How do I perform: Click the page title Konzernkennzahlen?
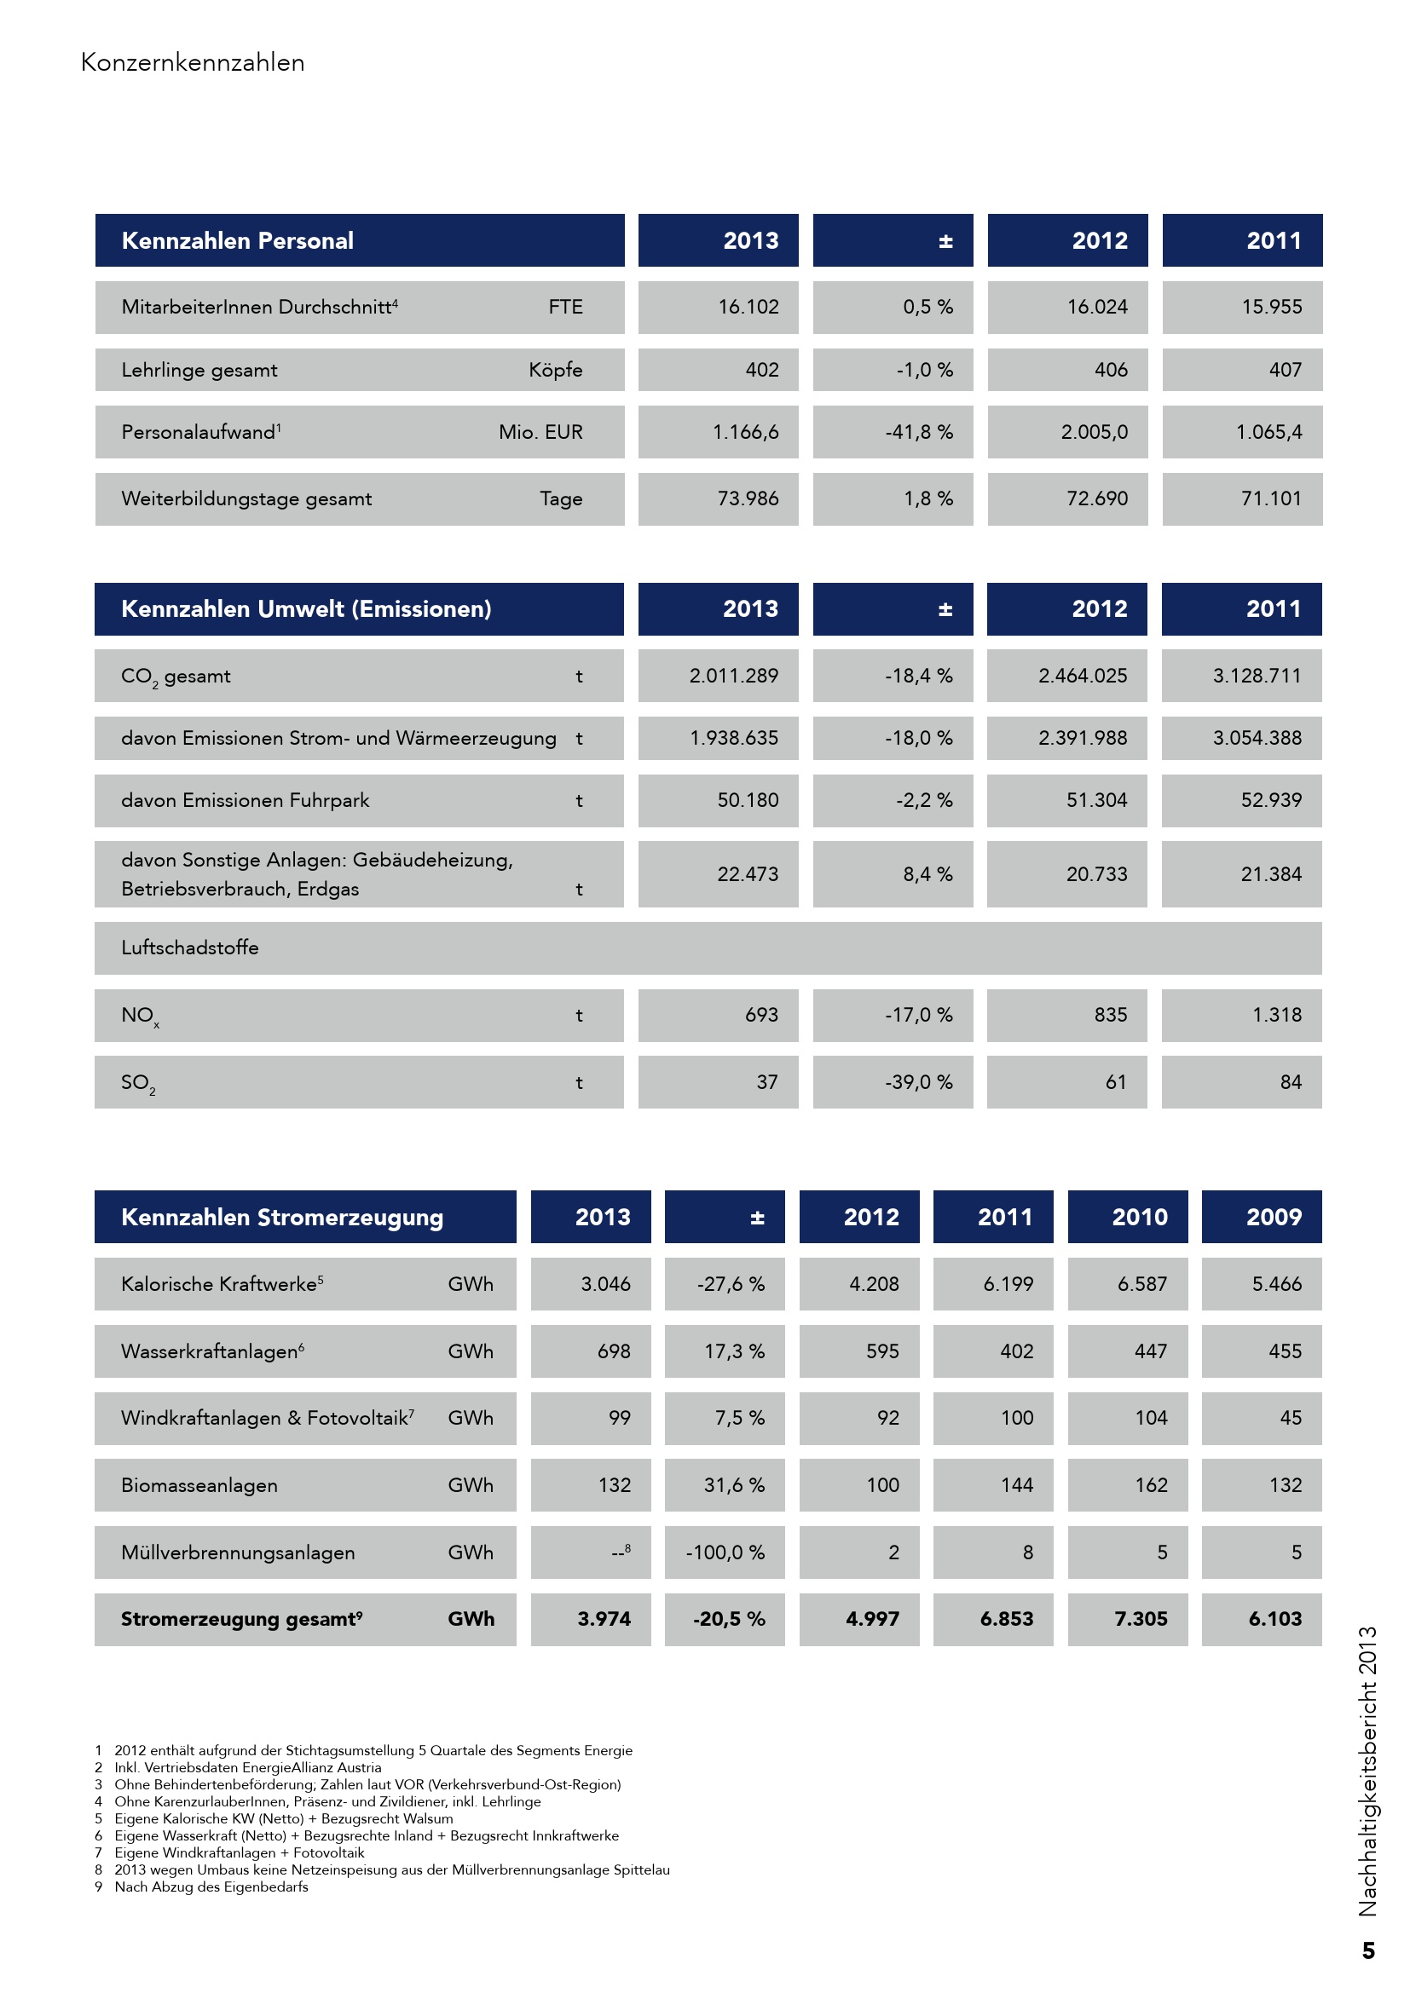click(x=192, y=62)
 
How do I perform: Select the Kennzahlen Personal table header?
click(x=237, y=240)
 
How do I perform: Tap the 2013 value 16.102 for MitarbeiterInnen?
click(x=748, y=308)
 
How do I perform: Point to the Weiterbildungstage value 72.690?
click(x=1096, y=499)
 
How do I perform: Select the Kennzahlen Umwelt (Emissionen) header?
click(x=306, y=609)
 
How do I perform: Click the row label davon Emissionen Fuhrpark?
click(x=245, y=800)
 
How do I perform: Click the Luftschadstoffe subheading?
click(x=189, y=948)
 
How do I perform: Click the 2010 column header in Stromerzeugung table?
click(x=1139, y=1218)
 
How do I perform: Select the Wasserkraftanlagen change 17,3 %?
click(x=734, y=1351)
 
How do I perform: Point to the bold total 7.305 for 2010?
click(x=1140, y=1620)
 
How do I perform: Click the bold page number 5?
click(x=1368, y=1951)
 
